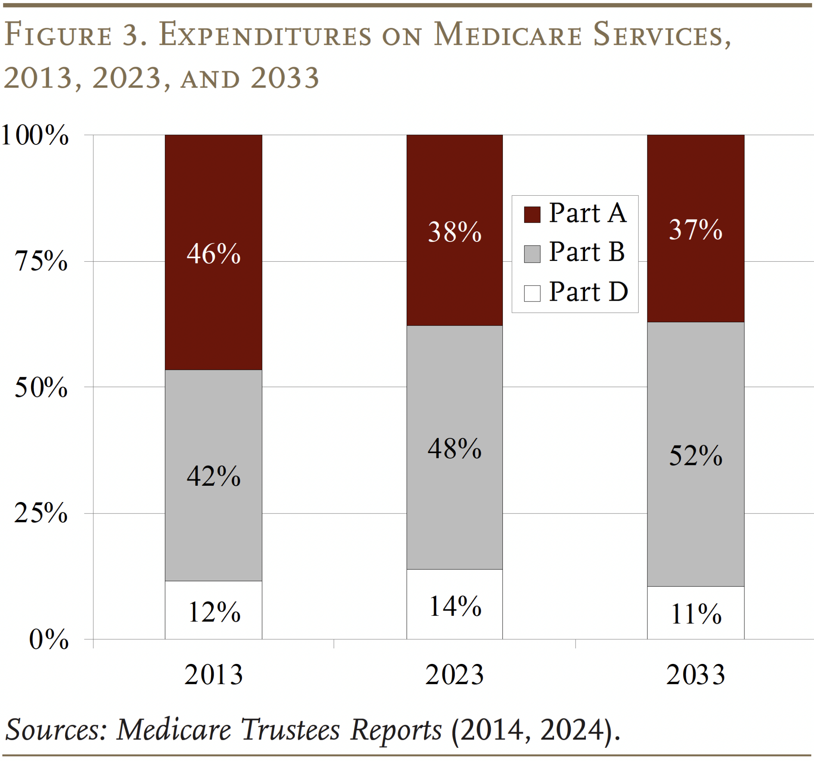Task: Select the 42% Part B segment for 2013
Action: pos(213,476)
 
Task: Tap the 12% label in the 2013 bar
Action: pos(214,612)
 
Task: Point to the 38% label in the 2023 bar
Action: pos(455,232)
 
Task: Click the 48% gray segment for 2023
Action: pos(455,448)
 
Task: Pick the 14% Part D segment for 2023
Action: pos(455,606)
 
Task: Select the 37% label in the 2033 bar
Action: pos(695,229)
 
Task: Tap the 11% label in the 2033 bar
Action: pos(695,614)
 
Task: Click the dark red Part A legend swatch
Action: pos(532,214)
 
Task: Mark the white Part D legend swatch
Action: pos(532,293)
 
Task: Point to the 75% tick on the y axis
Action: pos(41,261)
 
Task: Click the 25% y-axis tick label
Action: pos(41,513)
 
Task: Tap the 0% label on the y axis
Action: pos(48,639)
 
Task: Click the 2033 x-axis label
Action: pos(695,675)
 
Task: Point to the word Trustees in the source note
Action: pos(291,730)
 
